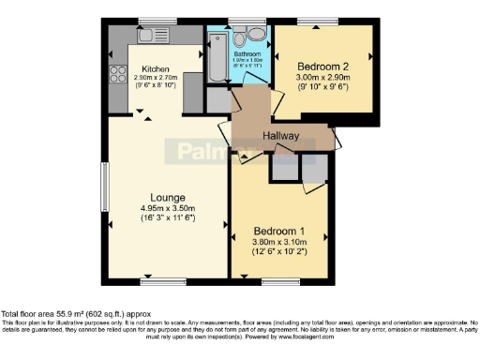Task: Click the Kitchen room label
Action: click(x=156, y=69)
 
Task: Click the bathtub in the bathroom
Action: click(x=217, y=46)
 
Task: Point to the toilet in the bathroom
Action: click(x=240, y=37)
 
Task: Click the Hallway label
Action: click(x=280, y=136)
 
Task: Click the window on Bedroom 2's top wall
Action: click(x=323, y=22)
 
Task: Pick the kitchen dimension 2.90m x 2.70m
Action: click(x=156, y=79)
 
